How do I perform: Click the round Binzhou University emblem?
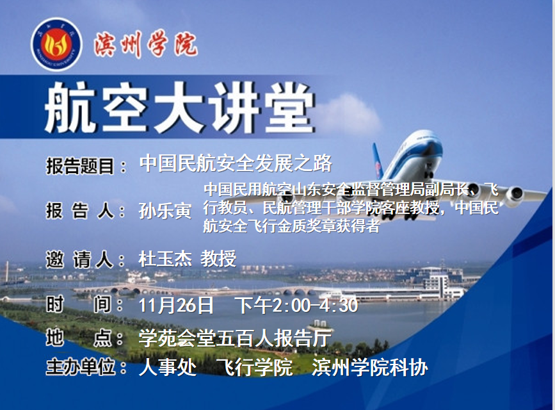click(x=56, y=45)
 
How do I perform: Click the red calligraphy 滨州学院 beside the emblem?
click(x=145, y=45)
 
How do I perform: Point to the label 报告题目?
click(x=80, y=165)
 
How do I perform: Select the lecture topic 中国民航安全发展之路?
click(x=236, y=163)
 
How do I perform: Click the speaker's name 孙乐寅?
click(x=165, y=211)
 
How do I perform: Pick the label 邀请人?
click(x=80, y=259)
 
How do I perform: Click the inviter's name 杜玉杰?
click(x=165, y=259)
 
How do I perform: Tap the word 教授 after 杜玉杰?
click(x=218, y=259)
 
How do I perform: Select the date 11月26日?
click(x=176, y=306)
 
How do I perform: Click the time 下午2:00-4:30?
click(x=296, y=306)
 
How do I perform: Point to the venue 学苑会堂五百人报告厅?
click(x=235, y=338)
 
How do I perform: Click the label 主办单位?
click(x=81, y=367)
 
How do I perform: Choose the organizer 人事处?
click(x=168, y=367)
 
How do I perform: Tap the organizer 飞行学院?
click(x=255, y=367)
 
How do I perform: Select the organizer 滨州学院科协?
click(x=370, y=367)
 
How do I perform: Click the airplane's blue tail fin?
click(x=378, y=161)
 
